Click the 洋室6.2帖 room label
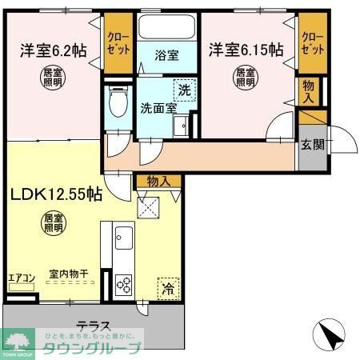[x=53, y=50]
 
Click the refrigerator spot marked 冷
[x=168, y=286]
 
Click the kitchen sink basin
[x=124, y=238]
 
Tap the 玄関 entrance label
[x=312, y=145]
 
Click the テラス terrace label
[x=94, y=327]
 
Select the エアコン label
[x=21, y=278]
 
